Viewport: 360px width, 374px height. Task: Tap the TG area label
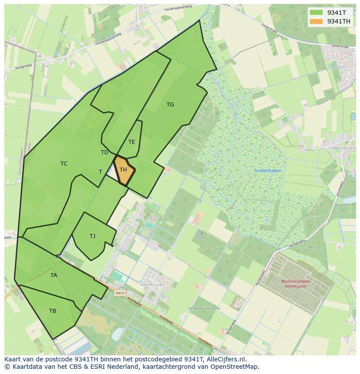pyautogui.click(x=170, y=105)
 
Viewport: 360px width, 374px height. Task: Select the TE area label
pyautogui.click(x=132, y=142)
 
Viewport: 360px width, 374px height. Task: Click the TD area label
pyautogui.click(x=104, y=152)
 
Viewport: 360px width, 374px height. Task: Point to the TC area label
pyautogui.click(x=64, y=164)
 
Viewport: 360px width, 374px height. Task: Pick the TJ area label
pyautogui.click(x=92, y=236)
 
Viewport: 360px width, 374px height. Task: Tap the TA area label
pyautogui.click(x=53, y=275)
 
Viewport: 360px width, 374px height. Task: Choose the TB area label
pyautogui.click(x=53, y=311)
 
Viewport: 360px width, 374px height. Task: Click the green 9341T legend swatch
pyautogui.click(x=316, y=13)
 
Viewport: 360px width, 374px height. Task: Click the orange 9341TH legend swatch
pyautogui.click(x=316, y=21)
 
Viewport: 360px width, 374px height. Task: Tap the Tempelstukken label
pyautogui.click(x=267, y=171)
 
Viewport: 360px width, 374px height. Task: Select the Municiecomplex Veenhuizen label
pyautogui.click(x=293, y=284)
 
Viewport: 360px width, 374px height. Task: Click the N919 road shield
pyautogui.click(x=120, y=293)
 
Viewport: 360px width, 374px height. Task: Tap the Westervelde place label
pyautogui.click(x=344, y=148)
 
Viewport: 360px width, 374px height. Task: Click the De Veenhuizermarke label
pyautogui.click(x=204, y=308)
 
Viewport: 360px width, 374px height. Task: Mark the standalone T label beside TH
pyautogui.click(x=100, y=172)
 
